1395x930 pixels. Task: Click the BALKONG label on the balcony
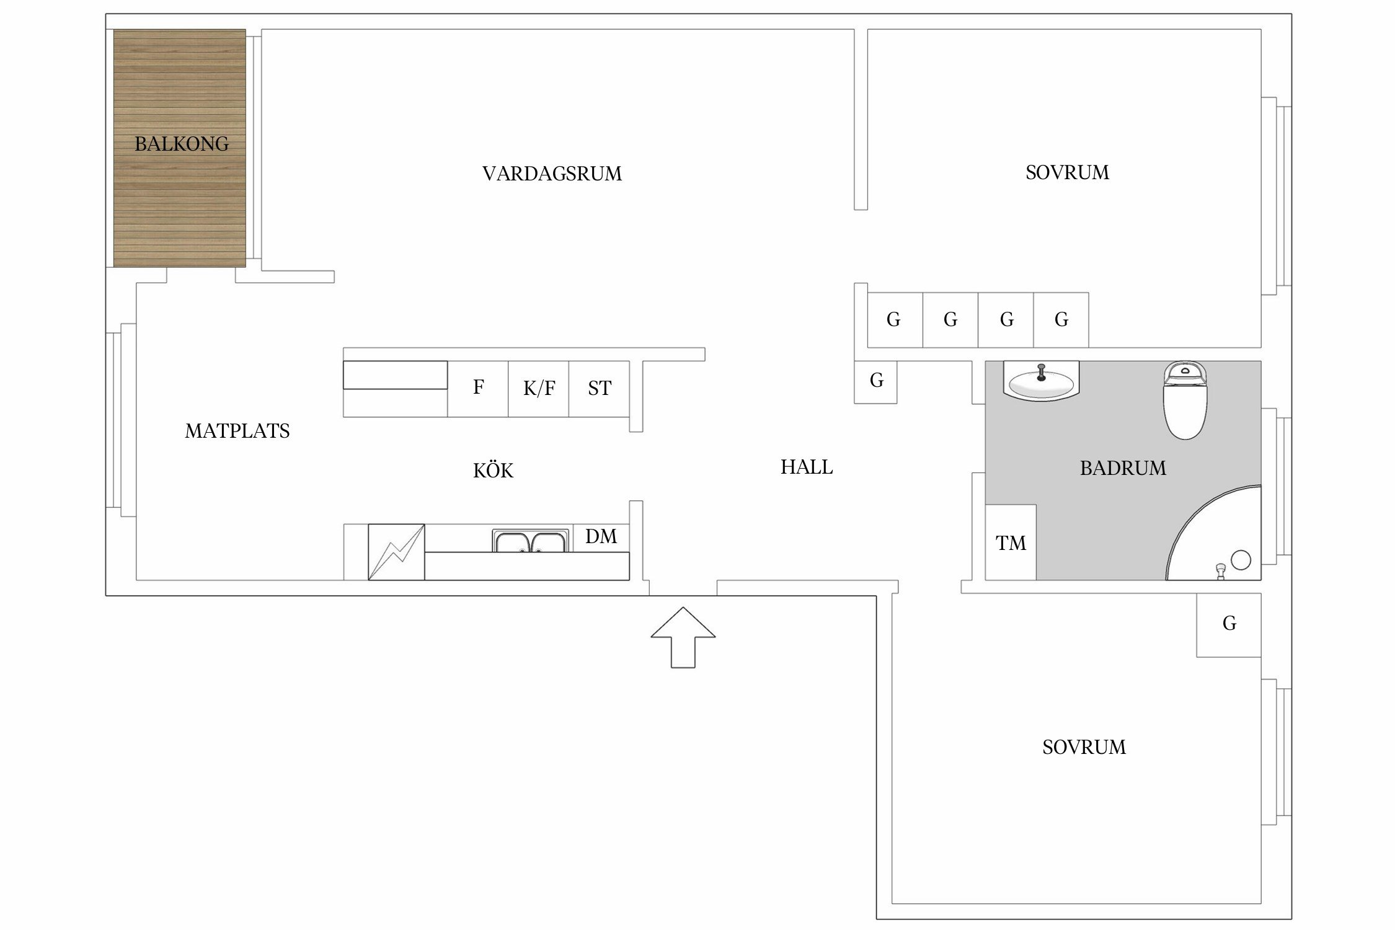[181, 144]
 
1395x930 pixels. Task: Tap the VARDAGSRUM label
[552, 174]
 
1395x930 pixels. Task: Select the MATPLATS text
[237, 431]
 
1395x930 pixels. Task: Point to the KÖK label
[493, 471]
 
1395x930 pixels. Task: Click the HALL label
[806, 467]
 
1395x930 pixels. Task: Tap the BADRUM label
[1122, 468]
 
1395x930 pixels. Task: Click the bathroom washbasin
[1041, 381]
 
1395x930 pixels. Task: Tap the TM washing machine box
[1011, 542]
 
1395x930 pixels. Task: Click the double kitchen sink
[529, 541]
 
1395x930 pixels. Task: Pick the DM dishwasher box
[601, 537]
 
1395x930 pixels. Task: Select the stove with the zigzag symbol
[396, 552]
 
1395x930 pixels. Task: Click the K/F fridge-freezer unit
[538, 389]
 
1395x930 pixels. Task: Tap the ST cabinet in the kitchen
[599, 389]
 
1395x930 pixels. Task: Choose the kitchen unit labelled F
[478, 388]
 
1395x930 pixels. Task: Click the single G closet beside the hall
[875, 381]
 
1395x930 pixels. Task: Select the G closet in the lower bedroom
[1229, 624]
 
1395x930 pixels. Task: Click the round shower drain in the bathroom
[1241, 560]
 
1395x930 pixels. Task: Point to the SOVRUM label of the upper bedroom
[1066, 172]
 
